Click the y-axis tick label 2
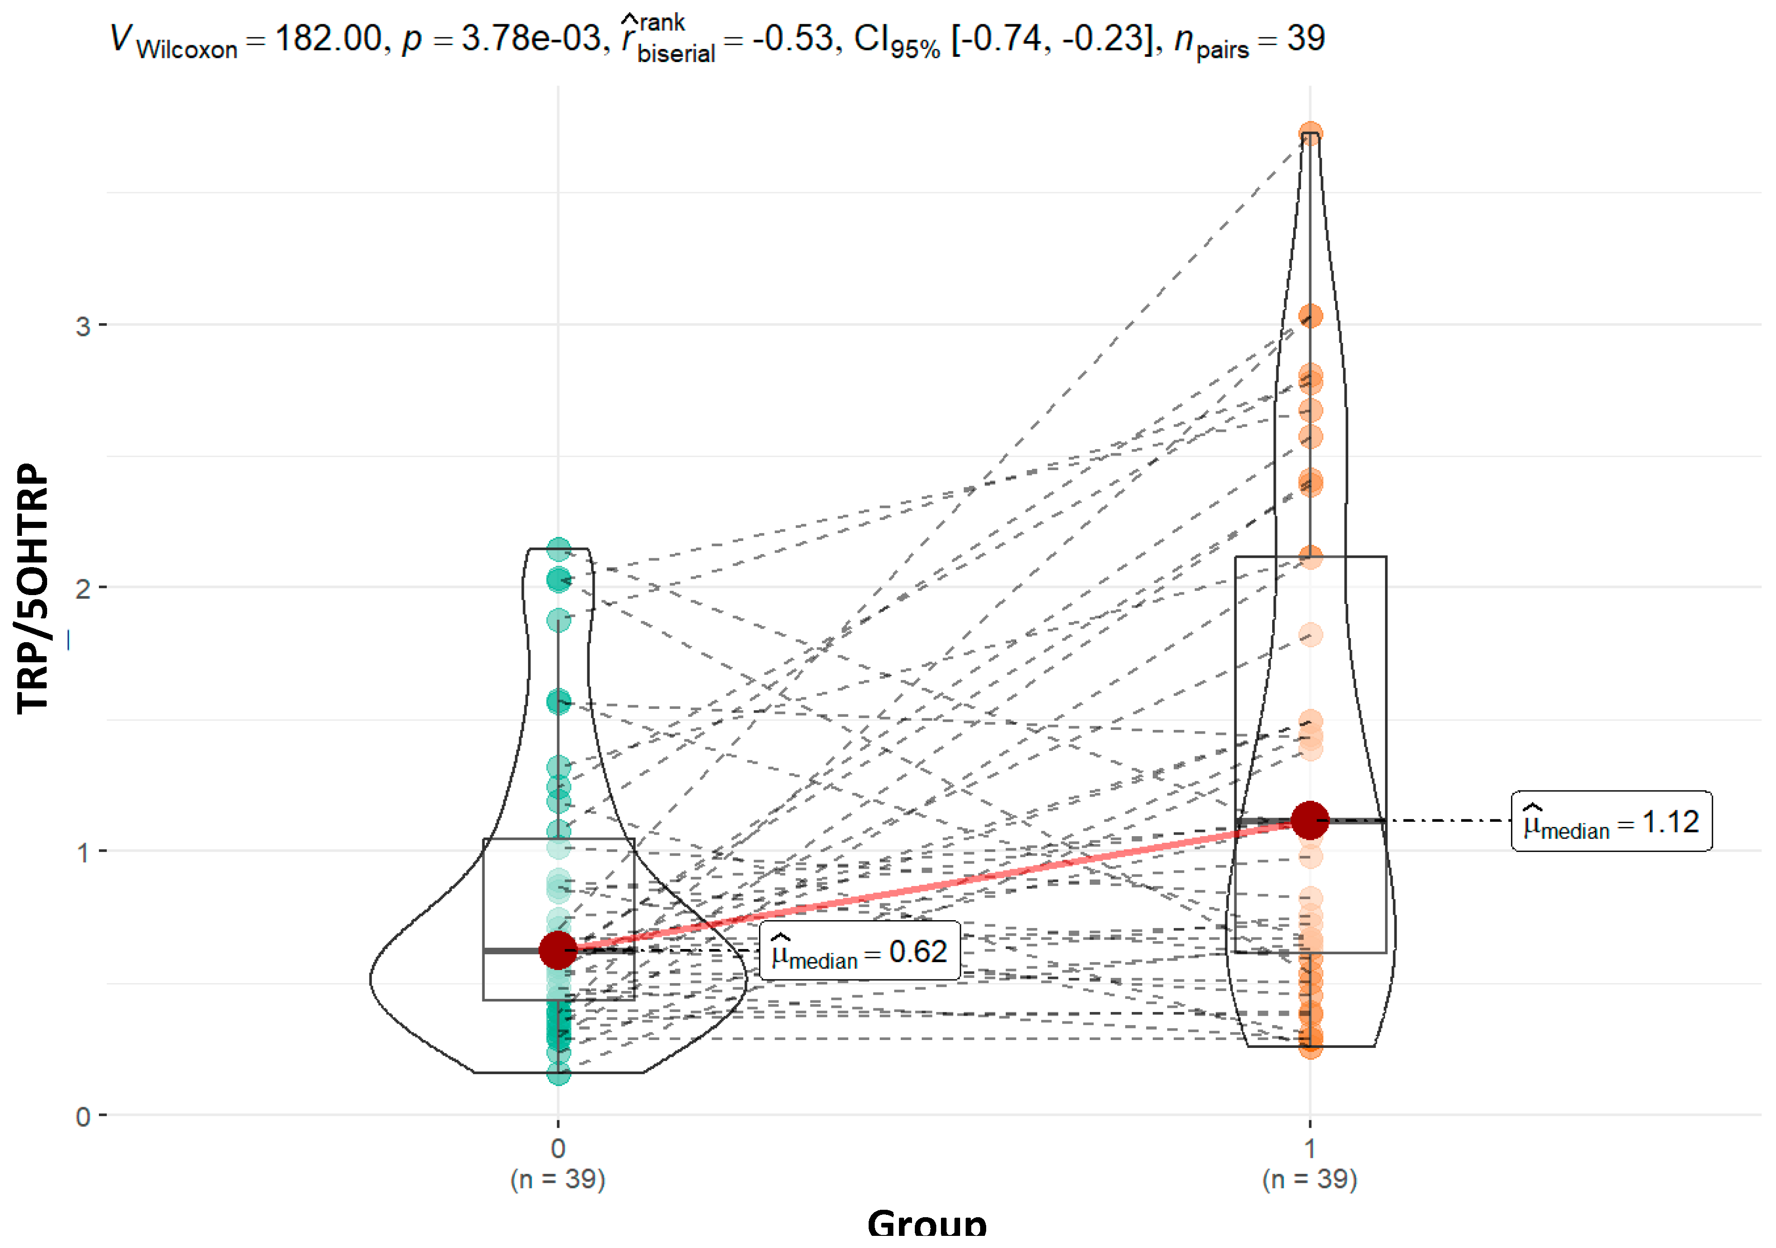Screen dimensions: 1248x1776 coord(83,589)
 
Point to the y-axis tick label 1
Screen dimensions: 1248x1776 coord(83,853)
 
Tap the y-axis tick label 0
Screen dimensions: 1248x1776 coord(83,1116)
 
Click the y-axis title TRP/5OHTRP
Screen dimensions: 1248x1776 coord(33,588)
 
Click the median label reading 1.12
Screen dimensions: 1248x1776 coord(1611,822)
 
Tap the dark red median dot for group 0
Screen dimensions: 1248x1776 coord(557,950)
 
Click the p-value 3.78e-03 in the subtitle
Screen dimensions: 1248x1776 coord(530,39)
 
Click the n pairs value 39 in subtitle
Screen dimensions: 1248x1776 coord(1306,39)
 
